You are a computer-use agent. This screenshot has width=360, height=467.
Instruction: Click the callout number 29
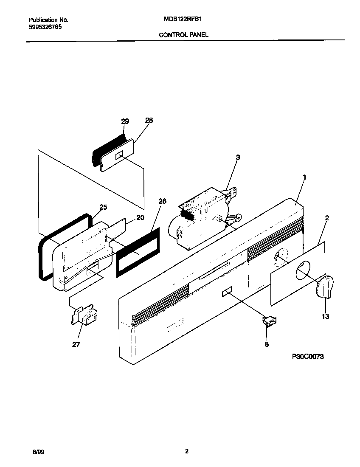point(124,121)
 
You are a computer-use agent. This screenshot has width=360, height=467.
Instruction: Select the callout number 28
point(149,121)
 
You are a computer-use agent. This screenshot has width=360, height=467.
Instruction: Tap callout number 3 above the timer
point(238,157)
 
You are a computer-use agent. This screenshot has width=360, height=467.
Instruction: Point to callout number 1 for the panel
point(304,177)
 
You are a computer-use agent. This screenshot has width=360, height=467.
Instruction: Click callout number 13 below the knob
point(326,316)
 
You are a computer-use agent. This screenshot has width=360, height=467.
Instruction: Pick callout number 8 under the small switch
point(267,344)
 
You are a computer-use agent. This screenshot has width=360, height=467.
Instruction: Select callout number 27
point(76,345)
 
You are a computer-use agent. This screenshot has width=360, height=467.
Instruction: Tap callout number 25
point(103,207)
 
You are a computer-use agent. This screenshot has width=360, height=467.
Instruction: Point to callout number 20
point(140,218)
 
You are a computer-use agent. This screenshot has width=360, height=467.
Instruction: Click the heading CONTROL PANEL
point(183,35)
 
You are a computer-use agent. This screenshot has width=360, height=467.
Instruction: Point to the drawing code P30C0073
point(307,357)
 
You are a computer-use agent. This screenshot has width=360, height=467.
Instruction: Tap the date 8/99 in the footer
point(38,453)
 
